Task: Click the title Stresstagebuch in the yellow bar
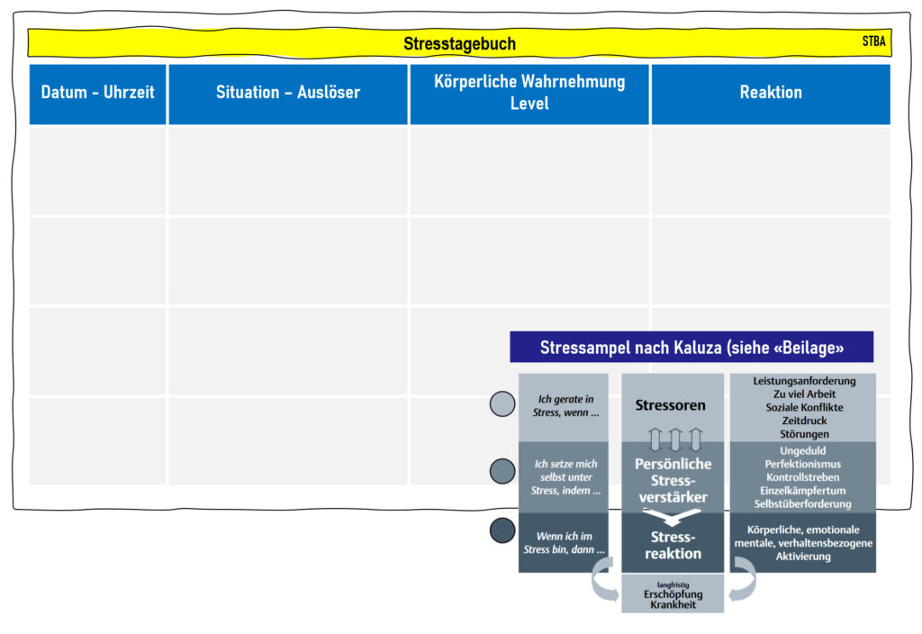coord(459,43)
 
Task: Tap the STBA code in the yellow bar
coord(873,41)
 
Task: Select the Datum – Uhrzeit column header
coord(97,93)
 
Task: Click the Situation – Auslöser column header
coord(288,93)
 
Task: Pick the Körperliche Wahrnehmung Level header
coord(529,93)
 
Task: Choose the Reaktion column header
coord(771,93)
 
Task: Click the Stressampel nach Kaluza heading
coord(691,347)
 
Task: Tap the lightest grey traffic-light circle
coord(502,404)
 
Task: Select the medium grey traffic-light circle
coord(502,471)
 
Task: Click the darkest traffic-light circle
coord(502,530)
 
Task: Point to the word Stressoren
coord(670,405)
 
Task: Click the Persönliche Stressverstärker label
coord(673,481)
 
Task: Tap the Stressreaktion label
coord(673,545)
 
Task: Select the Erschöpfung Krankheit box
coord(673,594)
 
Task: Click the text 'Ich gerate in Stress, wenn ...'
coord(565,406)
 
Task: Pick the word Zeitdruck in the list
coord(804,421)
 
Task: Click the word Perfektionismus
coord(803,464)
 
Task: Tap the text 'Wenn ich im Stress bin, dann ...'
coord(564,543)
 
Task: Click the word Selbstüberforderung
coord(803,504)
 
